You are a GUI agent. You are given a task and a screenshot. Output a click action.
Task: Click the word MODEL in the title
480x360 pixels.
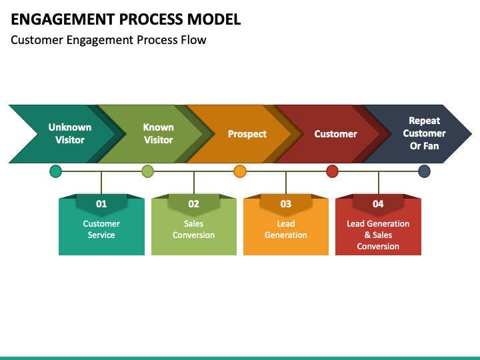point(214,19)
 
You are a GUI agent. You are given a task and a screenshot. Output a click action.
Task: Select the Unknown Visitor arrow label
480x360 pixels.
point(70,133)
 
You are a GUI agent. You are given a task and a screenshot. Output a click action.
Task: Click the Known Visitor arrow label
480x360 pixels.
point(158,133)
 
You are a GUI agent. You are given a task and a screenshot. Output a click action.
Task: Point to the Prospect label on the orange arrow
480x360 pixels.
point(247,134)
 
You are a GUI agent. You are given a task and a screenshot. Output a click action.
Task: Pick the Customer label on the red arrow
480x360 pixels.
point(335,134)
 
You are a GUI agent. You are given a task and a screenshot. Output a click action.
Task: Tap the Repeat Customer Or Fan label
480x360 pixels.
point(424,133)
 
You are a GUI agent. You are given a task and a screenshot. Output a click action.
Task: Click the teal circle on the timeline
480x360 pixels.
point(55,171)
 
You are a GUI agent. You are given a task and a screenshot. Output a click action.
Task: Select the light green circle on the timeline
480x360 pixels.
point(147,171)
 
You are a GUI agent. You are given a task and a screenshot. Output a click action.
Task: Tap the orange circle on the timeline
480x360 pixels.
point(240,171)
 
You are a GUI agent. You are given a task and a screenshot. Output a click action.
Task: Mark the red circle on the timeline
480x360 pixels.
point(332,171)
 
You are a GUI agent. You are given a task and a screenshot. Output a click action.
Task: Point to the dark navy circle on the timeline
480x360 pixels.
point(424,171)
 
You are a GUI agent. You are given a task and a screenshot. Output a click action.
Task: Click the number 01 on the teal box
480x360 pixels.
point(101,204)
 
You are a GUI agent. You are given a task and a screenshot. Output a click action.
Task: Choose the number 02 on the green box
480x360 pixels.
point(193,204)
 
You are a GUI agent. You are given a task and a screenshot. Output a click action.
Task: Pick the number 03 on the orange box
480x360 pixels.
point(286,204)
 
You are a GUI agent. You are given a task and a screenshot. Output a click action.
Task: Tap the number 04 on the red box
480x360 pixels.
point(378,204)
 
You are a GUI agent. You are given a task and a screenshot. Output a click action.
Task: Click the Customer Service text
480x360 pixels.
point(101,229)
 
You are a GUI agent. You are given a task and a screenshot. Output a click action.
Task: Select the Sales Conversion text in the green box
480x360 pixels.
point(193,229)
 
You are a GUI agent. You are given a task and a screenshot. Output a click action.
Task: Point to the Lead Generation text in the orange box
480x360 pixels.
point(286,229)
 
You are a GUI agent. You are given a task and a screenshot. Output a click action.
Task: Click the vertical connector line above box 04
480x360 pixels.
point(379,183)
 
